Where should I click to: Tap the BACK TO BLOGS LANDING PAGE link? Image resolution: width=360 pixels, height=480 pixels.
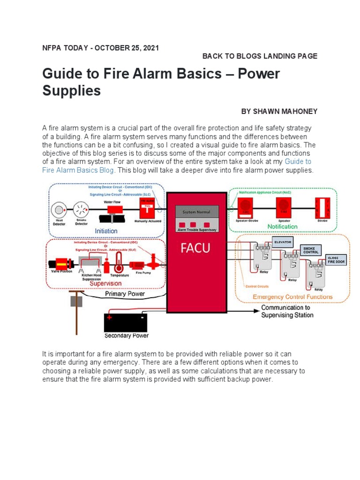(260, 56)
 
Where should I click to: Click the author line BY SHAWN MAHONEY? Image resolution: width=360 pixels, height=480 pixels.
(279, 111)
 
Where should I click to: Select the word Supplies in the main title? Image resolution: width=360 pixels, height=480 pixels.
(71, 90)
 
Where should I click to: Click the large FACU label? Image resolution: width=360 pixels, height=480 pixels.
(196, 248)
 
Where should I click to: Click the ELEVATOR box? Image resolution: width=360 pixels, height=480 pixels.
(283, 242)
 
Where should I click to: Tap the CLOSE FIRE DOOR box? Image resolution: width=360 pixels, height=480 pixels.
(337, 260)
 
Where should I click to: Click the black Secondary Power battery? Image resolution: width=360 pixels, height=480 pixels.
(126, 322)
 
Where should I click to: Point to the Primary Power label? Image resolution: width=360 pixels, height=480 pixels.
(125, 294)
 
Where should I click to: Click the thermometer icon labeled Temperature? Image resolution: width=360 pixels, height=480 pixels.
(118, 265)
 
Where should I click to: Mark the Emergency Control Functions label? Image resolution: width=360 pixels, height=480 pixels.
(292, 297)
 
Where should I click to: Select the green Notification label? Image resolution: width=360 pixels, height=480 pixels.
(282, 226)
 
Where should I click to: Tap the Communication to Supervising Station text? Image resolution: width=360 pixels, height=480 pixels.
(287, 311)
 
